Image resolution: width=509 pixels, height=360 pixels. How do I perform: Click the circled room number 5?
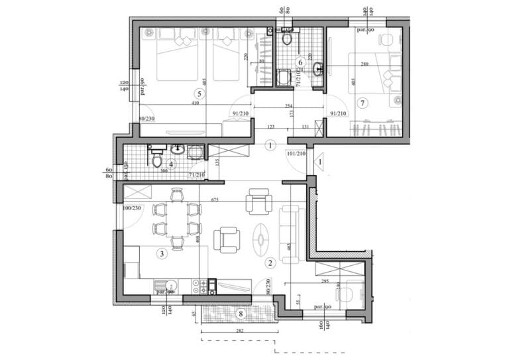201,94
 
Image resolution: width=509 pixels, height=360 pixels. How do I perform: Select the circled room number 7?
362,103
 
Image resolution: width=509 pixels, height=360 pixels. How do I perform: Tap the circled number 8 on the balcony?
241,313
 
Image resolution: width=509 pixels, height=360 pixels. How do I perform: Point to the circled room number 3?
161,253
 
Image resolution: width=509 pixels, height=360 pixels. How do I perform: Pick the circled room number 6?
300,62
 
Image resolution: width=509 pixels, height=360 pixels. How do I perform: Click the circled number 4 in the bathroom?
171,164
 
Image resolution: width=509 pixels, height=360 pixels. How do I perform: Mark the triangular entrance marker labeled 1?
319,160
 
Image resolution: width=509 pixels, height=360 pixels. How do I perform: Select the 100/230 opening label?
133,209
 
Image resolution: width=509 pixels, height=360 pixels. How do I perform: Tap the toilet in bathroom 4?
157,160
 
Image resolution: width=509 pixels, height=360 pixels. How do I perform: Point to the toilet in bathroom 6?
287,38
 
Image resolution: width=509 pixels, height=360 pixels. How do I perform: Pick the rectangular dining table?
176,219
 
